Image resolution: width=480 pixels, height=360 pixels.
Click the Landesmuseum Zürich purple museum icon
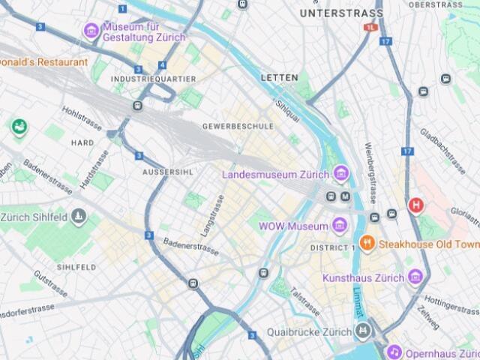click(341, 174)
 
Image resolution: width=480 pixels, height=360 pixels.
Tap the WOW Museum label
click(293, 226)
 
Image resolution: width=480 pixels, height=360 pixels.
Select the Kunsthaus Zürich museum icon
click(415, 277)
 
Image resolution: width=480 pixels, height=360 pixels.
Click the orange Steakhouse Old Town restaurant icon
click(366, 243)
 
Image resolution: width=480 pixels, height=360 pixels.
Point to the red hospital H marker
click(415, 205)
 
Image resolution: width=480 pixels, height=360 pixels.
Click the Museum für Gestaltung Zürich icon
click(91, 30)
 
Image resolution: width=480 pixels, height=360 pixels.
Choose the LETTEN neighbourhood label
click(279, 77)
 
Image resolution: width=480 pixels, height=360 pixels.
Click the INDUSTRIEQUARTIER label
click(153, 79)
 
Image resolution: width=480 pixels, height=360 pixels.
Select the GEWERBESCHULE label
click(238, 126)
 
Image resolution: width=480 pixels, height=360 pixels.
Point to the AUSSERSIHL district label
click(168, 172)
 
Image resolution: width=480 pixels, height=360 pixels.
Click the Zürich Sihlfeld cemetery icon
click(79, 217)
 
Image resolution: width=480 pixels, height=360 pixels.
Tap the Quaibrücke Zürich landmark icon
click(363, 331)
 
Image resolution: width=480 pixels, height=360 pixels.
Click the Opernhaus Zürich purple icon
click(394, 352)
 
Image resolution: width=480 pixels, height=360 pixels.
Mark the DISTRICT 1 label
click(333, 247)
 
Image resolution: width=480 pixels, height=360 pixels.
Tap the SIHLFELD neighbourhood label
click(76, 267)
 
